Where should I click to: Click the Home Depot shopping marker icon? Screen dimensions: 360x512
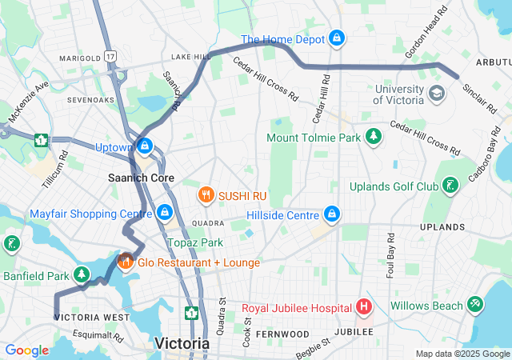click(x=337, y=38)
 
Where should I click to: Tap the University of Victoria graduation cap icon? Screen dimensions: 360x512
click(x=436, y=94)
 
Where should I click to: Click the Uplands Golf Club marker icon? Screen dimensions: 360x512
click(x=451, y=186)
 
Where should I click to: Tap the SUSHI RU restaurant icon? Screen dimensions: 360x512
click(x=206, y=194)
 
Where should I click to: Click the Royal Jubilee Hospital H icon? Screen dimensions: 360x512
click(x=363, y=307)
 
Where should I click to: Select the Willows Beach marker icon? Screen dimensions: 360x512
click(x=476, y=305)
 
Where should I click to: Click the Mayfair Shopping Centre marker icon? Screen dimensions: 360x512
click(x=164, y=213)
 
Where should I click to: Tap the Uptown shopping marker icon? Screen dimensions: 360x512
click(x=145, y=146)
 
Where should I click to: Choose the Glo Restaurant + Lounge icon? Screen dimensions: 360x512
click(x=125, y=262)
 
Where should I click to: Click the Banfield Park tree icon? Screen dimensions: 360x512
click(x=82, y=276)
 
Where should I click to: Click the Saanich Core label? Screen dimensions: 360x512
click(x=142, y=178)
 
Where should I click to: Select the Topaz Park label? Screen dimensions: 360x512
click(x=195, y=242)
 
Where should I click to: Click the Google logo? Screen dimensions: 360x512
click(x=26, y=350)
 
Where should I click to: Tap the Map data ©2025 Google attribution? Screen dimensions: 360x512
click(x=462, y=354)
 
